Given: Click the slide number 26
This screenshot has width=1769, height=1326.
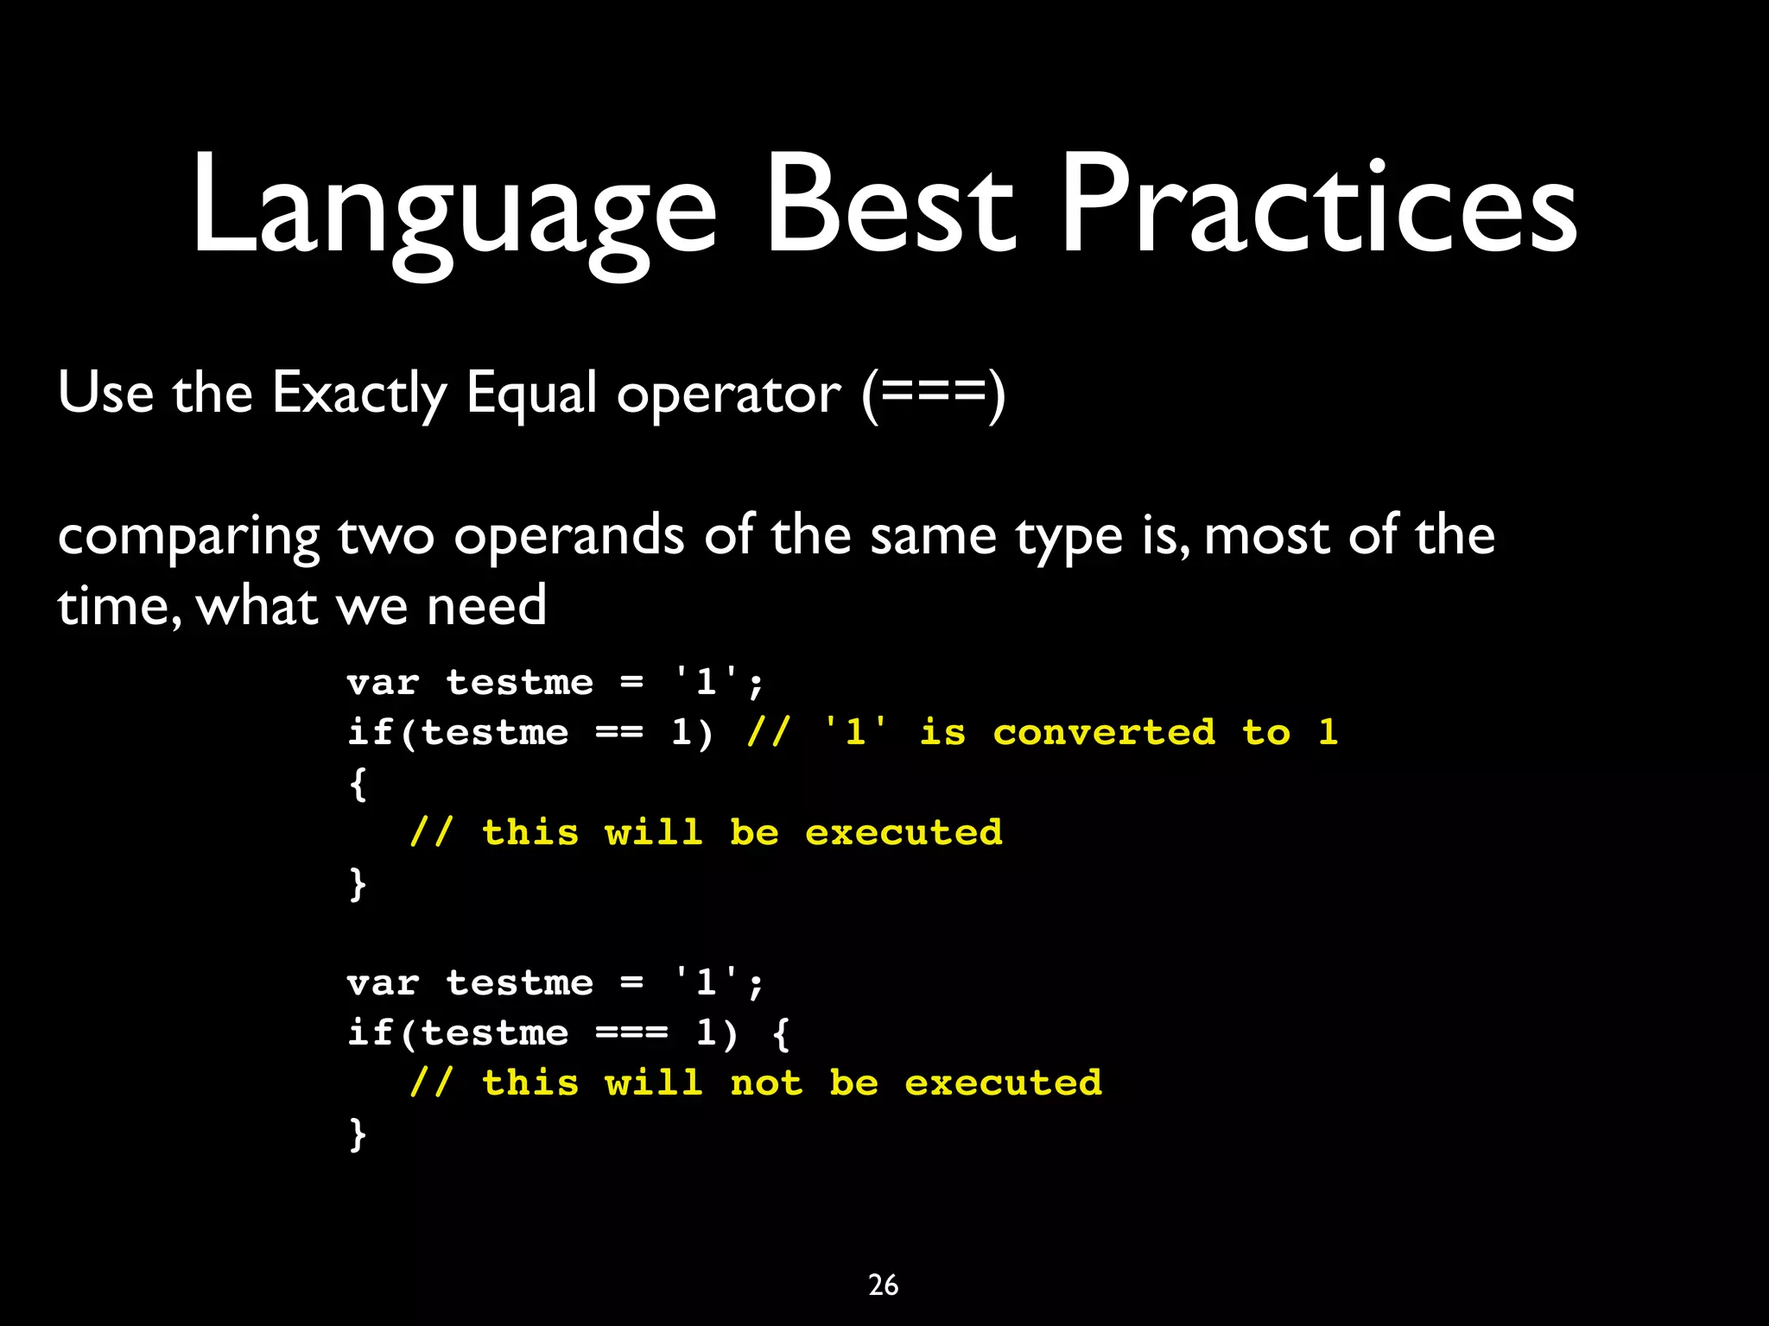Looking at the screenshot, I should point(883,1285).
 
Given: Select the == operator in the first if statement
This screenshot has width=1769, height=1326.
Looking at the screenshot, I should point(619,733).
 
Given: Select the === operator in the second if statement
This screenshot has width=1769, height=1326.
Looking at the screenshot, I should point(631,1033).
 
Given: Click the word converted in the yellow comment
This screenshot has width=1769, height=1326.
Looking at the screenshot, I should point(1104,733).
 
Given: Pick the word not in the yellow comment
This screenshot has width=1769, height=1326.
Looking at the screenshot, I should point(766,1083).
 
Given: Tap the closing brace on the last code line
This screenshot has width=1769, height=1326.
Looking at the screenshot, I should point(358,1133).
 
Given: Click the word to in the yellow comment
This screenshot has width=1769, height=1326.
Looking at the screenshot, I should point(1265,733).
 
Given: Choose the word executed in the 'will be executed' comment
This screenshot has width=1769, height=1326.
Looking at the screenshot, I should point(904,833).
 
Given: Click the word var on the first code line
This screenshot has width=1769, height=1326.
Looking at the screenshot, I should point(383,683).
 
